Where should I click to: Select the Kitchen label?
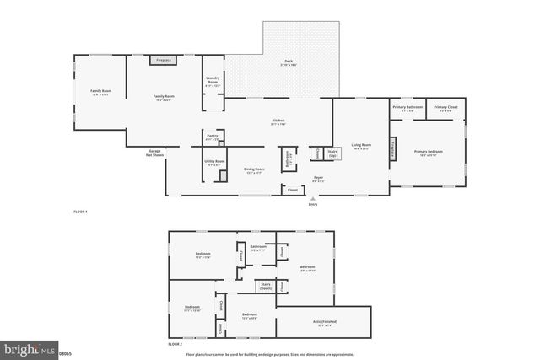point(278,123)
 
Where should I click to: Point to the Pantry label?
point(212,138)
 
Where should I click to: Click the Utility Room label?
point(213,163)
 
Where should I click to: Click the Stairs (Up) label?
point(332,154)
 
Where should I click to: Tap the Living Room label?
point(361,147)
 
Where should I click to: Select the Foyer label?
point(319,178)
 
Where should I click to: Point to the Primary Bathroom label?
point(408,109)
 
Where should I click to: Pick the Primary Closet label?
point(447,109)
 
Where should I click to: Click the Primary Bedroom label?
point(429,153)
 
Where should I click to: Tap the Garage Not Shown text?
point(154,153)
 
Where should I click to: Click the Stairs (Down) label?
point(265,287)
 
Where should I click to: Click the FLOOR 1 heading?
point(81,211)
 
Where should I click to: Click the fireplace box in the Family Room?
point(164,61)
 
